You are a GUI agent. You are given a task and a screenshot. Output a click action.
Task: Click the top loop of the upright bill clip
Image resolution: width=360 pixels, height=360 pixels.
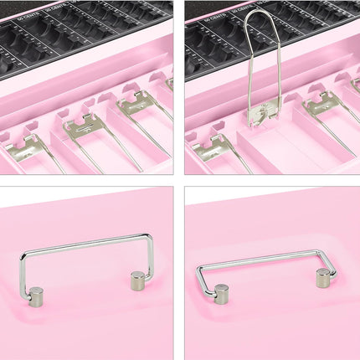[x=262, y=15]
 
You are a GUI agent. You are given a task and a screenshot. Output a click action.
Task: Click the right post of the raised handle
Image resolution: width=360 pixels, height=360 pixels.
[x=138, y=280]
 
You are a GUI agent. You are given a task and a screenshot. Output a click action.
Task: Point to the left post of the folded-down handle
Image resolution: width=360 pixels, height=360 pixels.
[x=221, y=294]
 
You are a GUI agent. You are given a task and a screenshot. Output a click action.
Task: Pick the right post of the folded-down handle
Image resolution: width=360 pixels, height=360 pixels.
[x=323, y=278]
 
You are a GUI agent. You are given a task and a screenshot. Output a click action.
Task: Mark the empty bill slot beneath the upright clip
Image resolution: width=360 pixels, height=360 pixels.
[x=280, y=147]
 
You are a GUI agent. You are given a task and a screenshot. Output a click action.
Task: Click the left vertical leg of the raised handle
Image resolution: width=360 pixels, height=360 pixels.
[x=23, y=272]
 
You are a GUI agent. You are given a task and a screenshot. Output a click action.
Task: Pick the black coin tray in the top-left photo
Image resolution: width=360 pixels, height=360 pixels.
[x=84, y=33]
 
